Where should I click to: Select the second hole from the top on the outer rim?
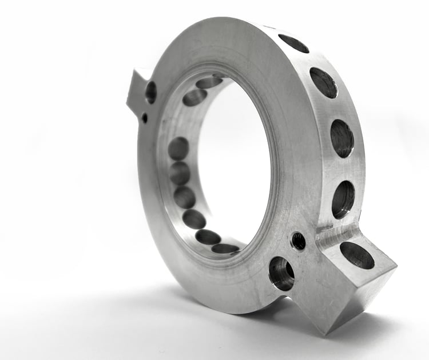323,83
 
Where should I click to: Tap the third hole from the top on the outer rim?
342,138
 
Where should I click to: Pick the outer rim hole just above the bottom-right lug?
343,199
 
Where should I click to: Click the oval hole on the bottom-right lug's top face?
357,255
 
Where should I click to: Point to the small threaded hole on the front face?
298,241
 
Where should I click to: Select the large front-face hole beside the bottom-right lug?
281,273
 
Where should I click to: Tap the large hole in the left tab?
151,92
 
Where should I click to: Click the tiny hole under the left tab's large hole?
144,118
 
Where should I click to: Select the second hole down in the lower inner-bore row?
180,173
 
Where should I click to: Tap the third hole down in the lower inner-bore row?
184,197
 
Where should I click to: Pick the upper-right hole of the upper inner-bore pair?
209,82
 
